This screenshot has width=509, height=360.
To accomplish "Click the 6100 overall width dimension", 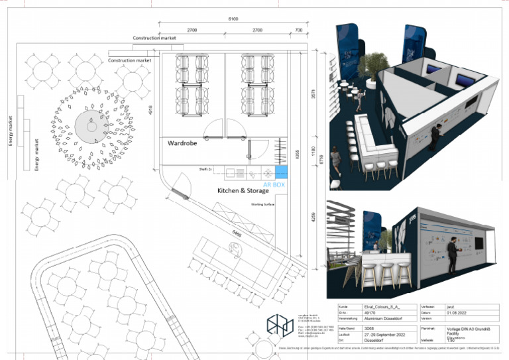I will [x=233, y=19].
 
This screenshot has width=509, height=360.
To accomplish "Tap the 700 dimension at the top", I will [x=298, y=30].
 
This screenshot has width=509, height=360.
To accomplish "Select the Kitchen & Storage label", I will [x=243, y=191].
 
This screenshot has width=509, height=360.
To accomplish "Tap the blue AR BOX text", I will [x=274, y=184].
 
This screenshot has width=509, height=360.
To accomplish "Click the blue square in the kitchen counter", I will [x=280, y=174].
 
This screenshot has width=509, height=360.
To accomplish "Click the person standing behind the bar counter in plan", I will [x=233, y=247].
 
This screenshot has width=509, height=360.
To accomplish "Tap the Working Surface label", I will [x=262, y=205].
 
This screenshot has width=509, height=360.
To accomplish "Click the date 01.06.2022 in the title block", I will [x=460, y=313].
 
